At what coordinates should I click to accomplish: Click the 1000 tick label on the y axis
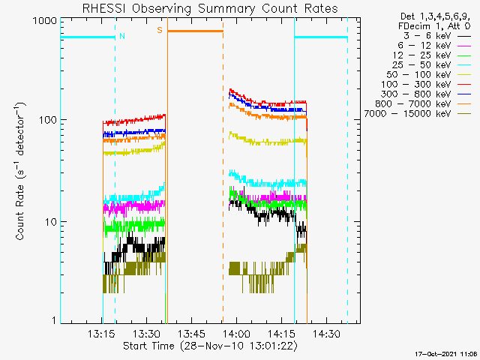46,21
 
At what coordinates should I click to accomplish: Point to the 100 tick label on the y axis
48,120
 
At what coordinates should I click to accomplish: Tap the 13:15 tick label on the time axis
100,334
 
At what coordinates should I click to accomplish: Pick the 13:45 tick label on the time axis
192,334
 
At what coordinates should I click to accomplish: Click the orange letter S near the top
159,31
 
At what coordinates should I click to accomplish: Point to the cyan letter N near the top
122,36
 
